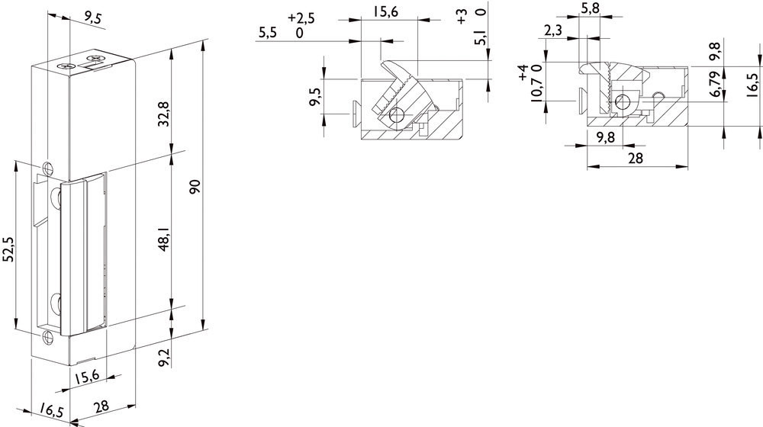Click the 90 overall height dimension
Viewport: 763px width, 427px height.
coord(195,187)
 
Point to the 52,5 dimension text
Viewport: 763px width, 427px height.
coord(8,249)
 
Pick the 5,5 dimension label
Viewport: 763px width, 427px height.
coord(268,33)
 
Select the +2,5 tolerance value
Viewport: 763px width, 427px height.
coord(301,18)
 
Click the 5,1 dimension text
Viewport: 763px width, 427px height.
coord(481,37)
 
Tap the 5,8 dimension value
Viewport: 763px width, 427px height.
coord(591,8)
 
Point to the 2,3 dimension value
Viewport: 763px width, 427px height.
coord(552,30)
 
